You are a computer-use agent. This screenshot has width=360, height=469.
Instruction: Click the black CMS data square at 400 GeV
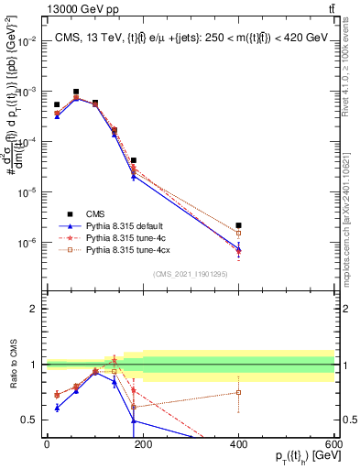click(x=238, y=225)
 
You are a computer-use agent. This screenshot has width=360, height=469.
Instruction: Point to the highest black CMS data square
click(x=76, y=92)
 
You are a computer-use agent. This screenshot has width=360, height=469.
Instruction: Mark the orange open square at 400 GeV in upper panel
click(x=238, y=233)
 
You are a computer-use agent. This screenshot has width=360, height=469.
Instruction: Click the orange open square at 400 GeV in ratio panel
click(x=238, y=392)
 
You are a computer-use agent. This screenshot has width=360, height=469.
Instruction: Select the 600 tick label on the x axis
click(x=333, y=444)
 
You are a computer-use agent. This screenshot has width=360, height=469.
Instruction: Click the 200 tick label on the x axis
click(x=142, y=444)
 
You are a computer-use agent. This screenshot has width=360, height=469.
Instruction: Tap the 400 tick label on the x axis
click(x=238, y=444)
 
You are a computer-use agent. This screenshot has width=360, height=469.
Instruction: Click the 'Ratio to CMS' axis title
click(x=12, y=365)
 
